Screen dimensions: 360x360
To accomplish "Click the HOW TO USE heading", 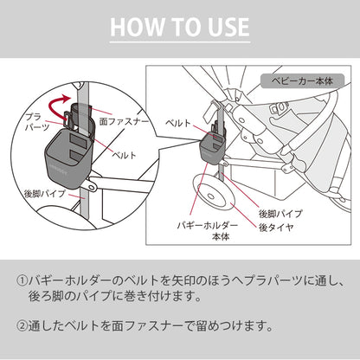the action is pos(180,27).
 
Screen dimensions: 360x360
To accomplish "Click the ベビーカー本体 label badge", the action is pos(302,81).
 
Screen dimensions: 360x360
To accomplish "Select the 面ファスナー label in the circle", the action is pos(125,121).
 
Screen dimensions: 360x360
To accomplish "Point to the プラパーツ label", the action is pos(36,122).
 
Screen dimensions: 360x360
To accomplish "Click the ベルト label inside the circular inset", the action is pos(125,156).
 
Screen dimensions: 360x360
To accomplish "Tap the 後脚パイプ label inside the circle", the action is pos(44,193).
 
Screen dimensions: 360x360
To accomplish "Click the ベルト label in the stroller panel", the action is pos(178,123).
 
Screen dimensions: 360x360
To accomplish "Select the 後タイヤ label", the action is pos(276,228).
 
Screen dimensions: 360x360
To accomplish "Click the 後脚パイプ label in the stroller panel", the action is pos(280,214).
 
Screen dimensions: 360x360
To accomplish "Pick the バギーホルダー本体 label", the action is pos(208,231).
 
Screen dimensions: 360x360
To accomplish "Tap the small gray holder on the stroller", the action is pos(212,149).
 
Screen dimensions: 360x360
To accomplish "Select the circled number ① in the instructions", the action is pos(22,280).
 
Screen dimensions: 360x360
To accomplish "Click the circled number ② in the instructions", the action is pos(22,326).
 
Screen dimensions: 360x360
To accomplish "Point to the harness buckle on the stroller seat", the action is pos(279,108).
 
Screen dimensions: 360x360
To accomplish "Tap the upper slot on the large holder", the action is pos(78,140).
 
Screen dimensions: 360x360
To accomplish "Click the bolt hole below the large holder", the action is pos(93,187).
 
